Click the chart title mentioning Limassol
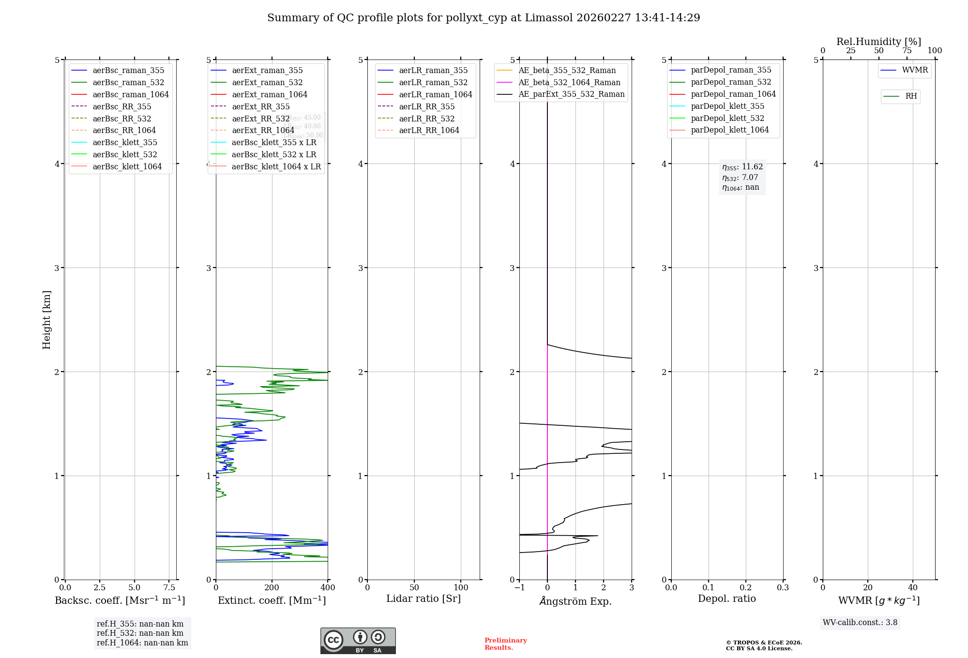[x=484, y=18]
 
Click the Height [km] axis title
[x=46, y=319]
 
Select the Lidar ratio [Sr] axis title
[x=423, y=598]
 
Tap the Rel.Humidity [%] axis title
[x=878, y=42]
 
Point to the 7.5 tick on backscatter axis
[x=169, y=587]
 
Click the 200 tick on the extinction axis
[x=272, y=587]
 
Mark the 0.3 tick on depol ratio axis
[x=783, y=587]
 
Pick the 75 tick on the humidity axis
[x=907, y=51]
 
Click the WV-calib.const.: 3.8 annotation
[x=860, y=623]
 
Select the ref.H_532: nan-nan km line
[x=140, y=633]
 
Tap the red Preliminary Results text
[x=505, y=644]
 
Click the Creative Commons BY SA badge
[x=358, y=641]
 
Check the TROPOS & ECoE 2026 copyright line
[x=764, y=643]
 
